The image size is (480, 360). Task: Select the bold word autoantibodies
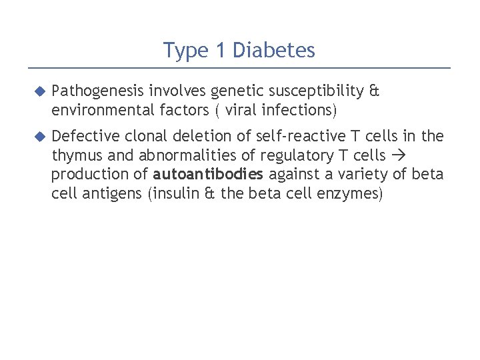209,175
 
